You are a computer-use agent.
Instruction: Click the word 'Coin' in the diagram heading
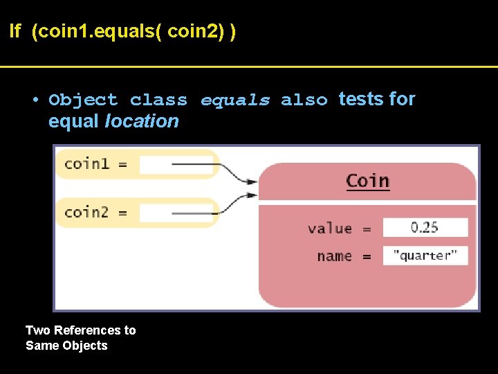coord(367,181)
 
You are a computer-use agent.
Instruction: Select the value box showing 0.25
coord(425,227)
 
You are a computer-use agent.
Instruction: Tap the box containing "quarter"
coord(425,256)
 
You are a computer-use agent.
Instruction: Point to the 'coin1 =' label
coord(95,164)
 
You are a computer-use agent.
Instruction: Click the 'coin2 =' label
coord(95,213)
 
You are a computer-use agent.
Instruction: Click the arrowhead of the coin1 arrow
coord(250,183)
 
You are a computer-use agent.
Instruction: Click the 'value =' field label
coord(339,228)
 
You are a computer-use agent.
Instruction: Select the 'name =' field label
coord(344,256)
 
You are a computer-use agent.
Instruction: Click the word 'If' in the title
coord(15,32)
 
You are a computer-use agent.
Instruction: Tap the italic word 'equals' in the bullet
coord(235,100)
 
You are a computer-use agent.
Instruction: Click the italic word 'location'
coord(141,122)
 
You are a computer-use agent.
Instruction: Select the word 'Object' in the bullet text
coord(83,100)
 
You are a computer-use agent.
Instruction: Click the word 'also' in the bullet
coord(304,100)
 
